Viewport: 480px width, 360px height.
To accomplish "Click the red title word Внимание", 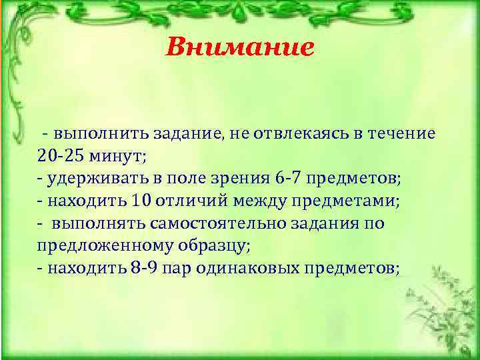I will click(x=239, y=47).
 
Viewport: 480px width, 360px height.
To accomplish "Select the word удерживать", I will click(x=89, y=179).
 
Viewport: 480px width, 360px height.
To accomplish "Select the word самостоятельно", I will click(x=207, y=223).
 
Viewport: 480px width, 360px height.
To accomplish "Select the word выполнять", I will click(x=94, y=223).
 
